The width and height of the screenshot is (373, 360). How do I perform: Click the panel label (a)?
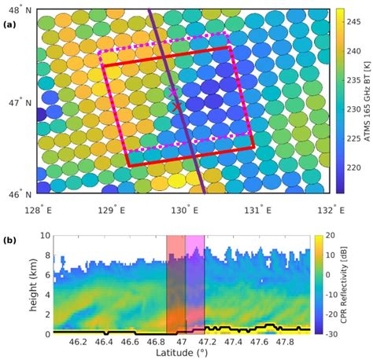coord(10,24)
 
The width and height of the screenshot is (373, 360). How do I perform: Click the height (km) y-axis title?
coord(12,285)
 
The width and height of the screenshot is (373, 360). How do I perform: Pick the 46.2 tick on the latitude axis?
coord(77,342)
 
